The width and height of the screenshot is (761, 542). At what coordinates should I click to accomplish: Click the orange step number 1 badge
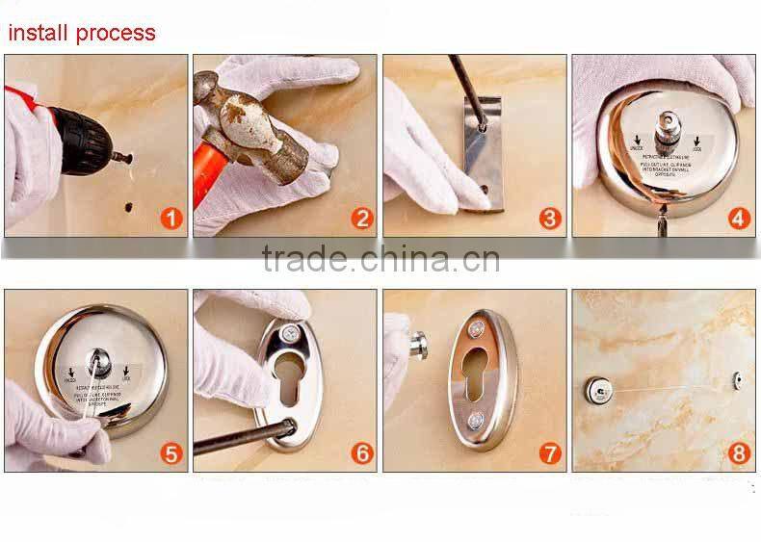[171, 219]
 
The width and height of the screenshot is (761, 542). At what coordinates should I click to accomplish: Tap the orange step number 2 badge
[361, 219]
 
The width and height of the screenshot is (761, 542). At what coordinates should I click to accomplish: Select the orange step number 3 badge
[550, 219]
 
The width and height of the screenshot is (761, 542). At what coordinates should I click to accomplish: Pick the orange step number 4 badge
[740, 219]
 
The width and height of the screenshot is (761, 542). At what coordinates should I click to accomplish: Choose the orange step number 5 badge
[171, 453]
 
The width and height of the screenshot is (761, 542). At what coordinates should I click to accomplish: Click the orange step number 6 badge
[361, 453]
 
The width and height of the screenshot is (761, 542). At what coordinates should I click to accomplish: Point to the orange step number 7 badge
[550, 453]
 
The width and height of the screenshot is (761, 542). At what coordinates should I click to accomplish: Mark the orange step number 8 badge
[740, 453]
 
